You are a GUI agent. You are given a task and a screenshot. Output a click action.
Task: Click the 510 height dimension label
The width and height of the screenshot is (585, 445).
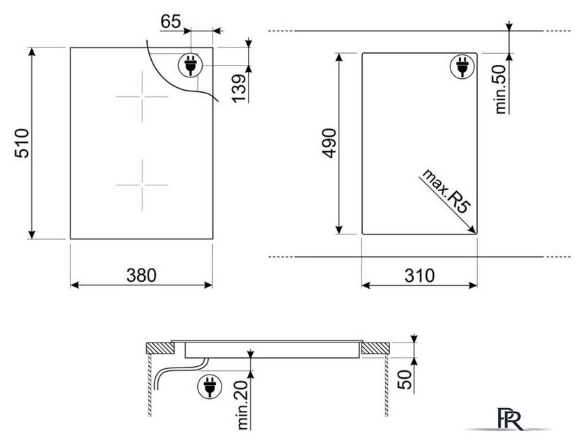click(x=22, y=143)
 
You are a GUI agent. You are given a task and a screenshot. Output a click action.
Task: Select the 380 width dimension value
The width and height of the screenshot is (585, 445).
click(x=141, y=276)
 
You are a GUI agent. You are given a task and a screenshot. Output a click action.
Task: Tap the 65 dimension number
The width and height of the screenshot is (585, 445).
click(x=171, y=22)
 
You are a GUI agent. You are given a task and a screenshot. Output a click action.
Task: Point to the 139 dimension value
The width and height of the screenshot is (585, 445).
click(x=239, y=88)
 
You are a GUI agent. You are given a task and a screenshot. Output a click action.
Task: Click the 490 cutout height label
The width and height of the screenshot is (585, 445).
click(x=329, y=143)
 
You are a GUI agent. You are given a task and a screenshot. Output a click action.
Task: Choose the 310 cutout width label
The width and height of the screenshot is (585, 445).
click(x=419, y=276)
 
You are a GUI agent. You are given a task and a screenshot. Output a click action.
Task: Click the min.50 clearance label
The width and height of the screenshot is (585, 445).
click(x=500, y=89)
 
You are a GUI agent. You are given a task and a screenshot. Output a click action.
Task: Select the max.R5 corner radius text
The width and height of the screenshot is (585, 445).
click(x=445, y=191)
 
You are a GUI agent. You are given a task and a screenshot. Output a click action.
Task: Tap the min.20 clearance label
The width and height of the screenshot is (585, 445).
click(x=242, y=405)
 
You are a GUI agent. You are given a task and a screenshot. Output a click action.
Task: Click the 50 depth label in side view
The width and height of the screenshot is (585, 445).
click(x=405, y=379)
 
